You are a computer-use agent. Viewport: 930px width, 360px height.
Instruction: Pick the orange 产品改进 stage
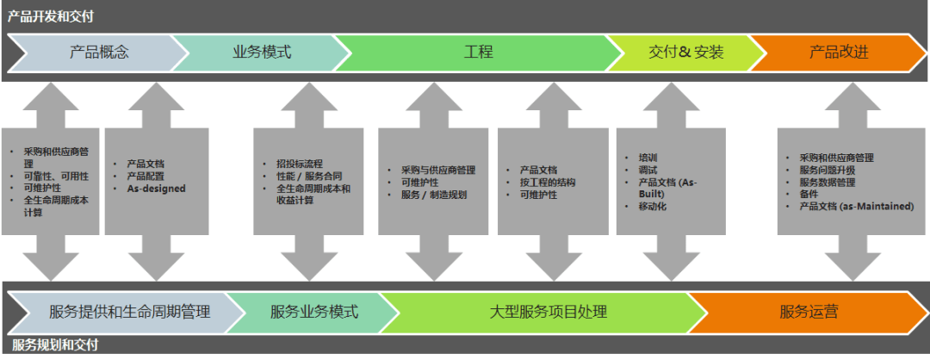(x=837, y=52)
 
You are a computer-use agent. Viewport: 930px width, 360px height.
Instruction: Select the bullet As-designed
(x=156, y=189)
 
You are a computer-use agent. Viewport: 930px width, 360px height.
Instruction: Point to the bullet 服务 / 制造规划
(x=434, y=195)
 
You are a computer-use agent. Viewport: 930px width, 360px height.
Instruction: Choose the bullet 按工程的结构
(x=548, y=183)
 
